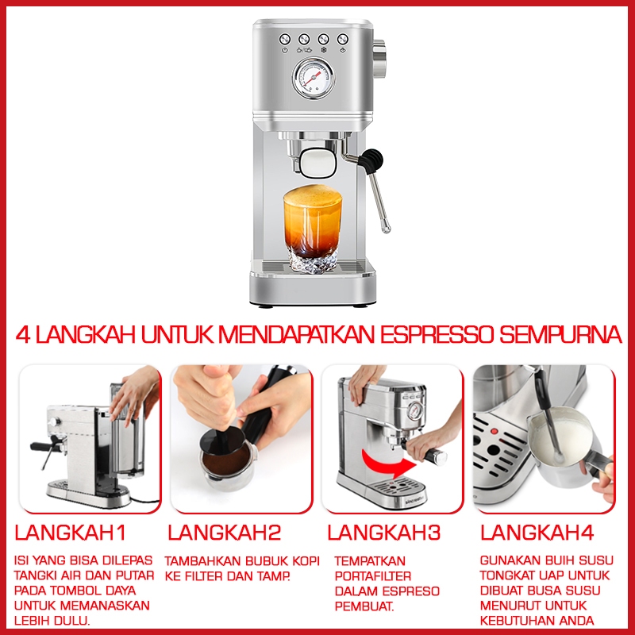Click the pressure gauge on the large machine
313,79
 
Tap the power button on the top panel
285,39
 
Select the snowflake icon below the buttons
324,50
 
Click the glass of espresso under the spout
313,228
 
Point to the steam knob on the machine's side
379,58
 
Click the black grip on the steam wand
371,160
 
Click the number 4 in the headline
24,335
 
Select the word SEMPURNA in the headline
560,334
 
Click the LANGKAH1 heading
71,532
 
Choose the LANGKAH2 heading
224,532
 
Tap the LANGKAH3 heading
383,532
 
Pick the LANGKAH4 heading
537,532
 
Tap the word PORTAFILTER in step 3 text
373,576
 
